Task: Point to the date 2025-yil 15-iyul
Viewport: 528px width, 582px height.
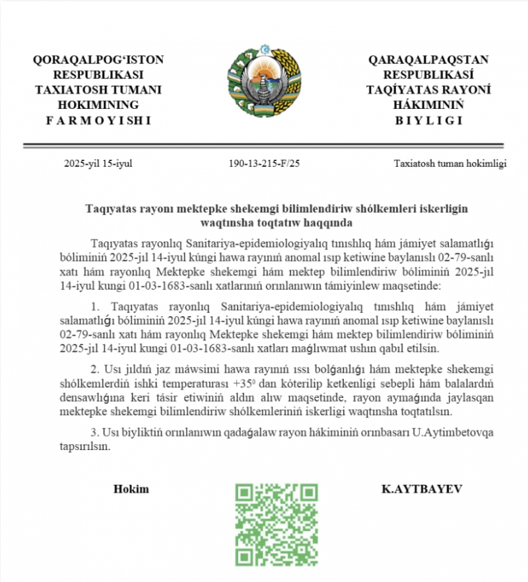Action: pos(98,164)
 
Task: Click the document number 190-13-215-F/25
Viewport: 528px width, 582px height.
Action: pos(264,164)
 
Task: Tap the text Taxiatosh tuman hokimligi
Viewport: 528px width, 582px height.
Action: pos(450,164)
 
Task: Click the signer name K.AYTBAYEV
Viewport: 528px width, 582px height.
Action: pos(422,489)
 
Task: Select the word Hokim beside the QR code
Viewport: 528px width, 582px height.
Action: pos(131,489)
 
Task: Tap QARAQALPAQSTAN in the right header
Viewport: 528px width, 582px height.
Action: pos(429,60)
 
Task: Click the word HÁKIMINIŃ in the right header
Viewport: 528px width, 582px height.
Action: pos(429,105)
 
